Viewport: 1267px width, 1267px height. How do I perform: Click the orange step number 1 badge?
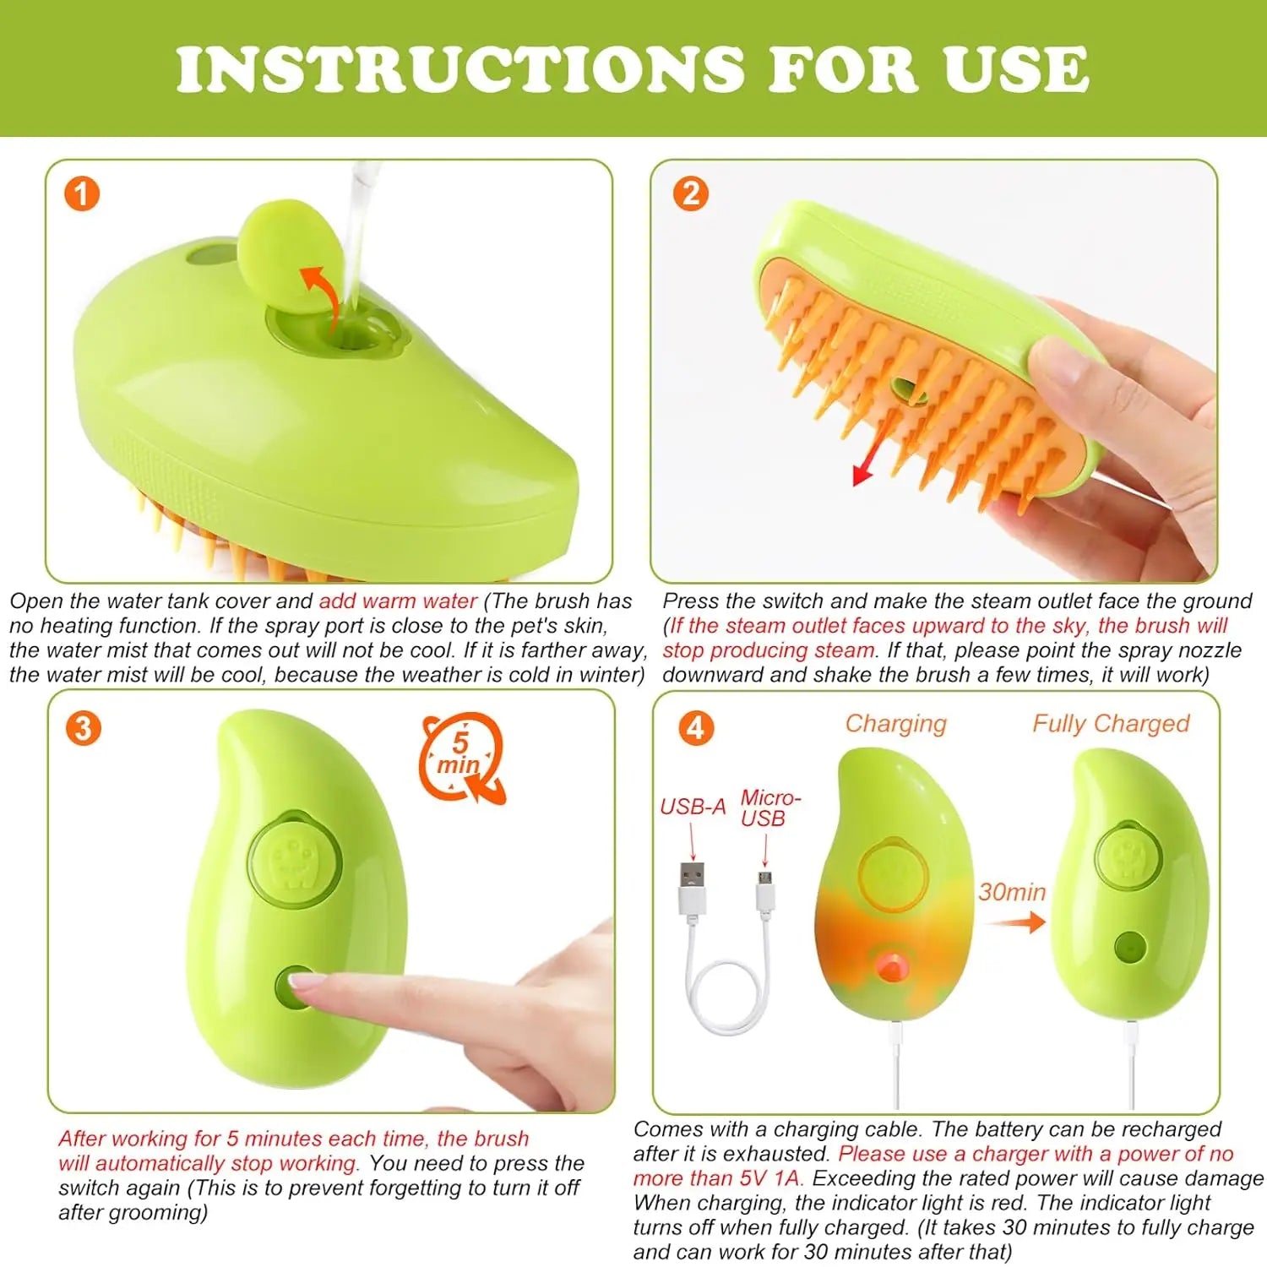click(82, 194)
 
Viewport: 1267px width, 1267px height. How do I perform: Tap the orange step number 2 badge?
click(690, 194)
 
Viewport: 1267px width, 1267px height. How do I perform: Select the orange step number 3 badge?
click(83, 728)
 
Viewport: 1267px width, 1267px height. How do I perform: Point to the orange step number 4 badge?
click(696, 728)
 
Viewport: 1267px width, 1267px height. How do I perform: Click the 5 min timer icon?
click(461, 757)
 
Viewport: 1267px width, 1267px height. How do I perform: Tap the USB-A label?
click(693, 807)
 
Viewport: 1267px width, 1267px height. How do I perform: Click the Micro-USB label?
click(769, 808)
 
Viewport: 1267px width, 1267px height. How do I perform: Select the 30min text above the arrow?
click(1012, 892)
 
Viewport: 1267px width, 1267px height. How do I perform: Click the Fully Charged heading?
click(1111, 724)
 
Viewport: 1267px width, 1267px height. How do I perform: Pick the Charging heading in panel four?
click(896, 724)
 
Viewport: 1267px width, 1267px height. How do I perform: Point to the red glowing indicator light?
click(889, 965)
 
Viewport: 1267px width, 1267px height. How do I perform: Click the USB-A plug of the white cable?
click(692, 887)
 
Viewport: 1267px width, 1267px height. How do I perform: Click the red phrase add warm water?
click(398, 601)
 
